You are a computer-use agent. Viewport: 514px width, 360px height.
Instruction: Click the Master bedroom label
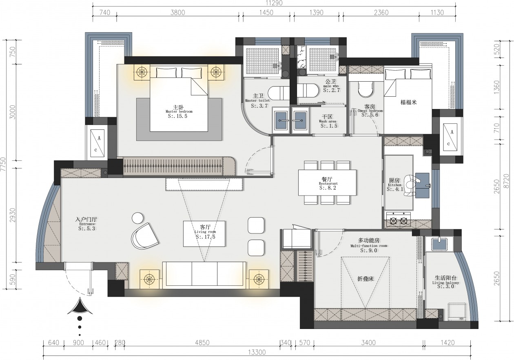(179, 111)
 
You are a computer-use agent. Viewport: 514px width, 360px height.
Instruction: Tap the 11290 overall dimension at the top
(274, 3)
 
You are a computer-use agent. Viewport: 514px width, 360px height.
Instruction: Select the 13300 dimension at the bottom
(257, 352)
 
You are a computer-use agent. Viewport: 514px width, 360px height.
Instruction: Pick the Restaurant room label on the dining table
(328, 183)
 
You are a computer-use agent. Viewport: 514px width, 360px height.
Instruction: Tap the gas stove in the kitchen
(398, 220)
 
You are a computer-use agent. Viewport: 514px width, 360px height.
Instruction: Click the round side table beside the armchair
(138, 218)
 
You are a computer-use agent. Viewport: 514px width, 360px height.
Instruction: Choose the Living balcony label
(445, 283)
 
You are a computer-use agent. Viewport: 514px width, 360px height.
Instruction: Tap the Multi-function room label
(368, 246)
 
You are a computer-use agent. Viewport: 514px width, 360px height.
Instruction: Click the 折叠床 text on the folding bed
(366, 279)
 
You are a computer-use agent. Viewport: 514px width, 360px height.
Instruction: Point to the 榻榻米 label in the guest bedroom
(408, 102)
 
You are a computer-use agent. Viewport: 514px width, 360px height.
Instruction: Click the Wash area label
(328, 121)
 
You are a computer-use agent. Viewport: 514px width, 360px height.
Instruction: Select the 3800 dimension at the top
(177, 12)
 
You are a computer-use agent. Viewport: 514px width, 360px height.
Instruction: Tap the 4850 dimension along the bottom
(202, 343)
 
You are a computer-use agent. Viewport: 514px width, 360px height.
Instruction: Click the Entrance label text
(87, 224)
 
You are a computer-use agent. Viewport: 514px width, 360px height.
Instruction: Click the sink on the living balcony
(439, 244)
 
